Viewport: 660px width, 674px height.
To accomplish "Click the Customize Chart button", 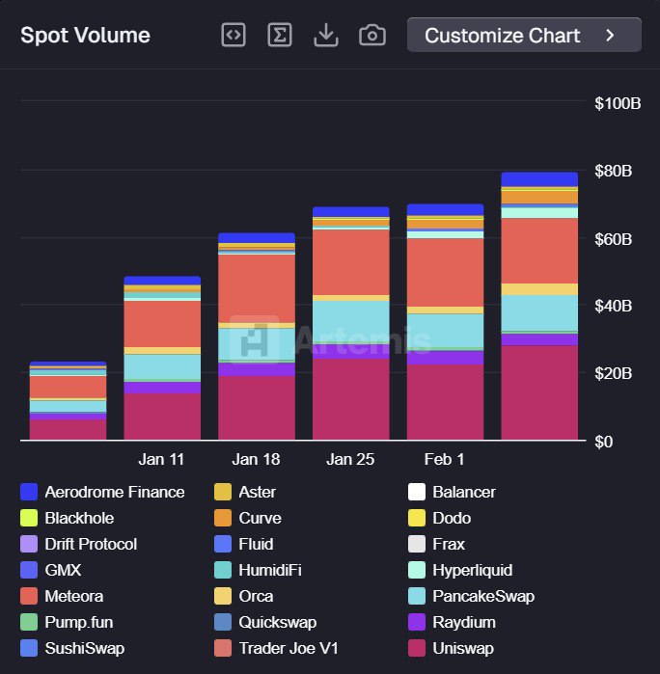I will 524,36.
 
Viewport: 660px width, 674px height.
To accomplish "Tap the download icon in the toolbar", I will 326,36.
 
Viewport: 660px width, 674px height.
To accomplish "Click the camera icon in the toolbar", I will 372,36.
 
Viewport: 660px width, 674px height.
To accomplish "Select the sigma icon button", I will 280,36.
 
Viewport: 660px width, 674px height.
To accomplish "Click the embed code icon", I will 234,36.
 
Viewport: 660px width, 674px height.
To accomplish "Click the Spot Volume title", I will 85,36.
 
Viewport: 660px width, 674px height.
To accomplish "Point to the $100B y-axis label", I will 618,103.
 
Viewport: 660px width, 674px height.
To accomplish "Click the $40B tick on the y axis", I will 614,306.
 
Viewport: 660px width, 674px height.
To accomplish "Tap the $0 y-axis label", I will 605,441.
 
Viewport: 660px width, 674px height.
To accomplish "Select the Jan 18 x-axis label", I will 257,460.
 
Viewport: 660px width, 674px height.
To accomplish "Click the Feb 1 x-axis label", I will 444,460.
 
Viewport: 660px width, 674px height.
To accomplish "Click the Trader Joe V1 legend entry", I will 288,648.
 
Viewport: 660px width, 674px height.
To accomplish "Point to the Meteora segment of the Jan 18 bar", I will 257,288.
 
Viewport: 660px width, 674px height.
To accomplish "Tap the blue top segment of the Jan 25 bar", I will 350,211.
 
